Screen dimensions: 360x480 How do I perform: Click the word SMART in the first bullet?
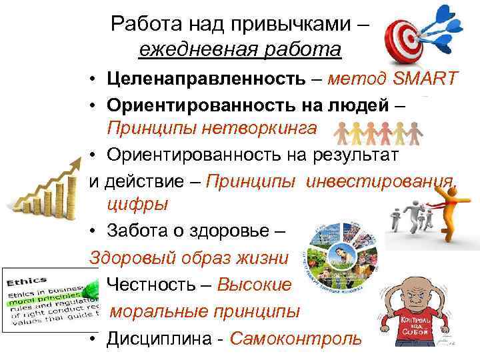(x=425, y=79)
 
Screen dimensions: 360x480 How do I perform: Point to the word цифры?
(x=132, y=203)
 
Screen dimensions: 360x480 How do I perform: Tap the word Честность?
(x=152, y=285)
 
